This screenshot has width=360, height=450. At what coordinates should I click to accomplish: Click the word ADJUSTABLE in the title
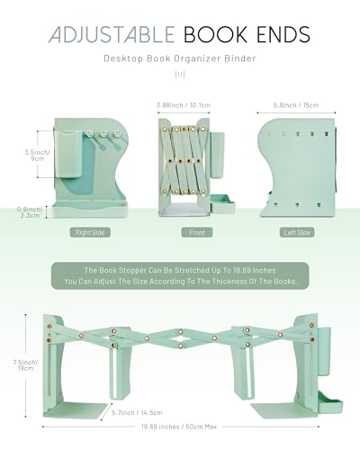pyautogui.click(x=112, y=34)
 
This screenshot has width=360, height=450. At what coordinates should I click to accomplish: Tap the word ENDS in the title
pyautogui.click(x=283, y=34)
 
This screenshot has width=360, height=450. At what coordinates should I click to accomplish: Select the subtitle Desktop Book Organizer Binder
pyautogui.click(x=180, y=58)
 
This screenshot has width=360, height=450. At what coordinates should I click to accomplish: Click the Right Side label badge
pyautogui.click(x=90, y=232)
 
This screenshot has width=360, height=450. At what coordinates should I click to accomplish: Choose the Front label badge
pyautogui.click(x=197, y=232)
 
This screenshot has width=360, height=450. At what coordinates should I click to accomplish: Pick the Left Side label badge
pyautogui.click(x=297, y=232)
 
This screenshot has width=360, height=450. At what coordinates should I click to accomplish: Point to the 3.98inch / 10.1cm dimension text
pyautogui.click(x=184, y=105)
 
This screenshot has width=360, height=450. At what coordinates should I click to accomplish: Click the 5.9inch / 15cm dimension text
pyautogui.click(x=296, y=105)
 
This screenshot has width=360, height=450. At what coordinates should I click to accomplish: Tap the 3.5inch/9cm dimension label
pyautogui.click(x=38, y=156)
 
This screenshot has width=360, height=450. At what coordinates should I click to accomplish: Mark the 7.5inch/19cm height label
pyautogui.click(x=25, y=365)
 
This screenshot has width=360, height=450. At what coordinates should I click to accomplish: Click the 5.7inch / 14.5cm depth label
pyautogui.click(x=137, y=412)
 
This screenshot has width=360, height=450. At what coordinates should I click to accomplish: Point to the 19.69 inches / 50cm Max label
pyautogui.click(x=179, y=427)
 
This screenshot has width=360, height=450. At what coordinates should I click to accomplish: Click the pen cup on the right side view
pyautogui.click(x=67, y=154)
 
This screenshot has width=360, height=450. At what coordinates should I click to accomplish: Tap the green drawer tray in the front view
pyautogui.click(x=223, y=203)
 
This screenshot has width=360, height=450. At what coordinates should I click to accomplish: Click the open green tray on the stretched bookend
pyautogui.click(x=330, y=402)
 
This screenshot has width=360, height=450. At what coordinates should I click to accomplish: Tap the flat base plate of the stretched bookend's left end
pyautogui.click(x=76, y=409)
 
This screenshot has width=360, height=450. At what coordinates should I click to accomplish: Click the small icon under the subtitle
pyautogui.click(x=180, y=75)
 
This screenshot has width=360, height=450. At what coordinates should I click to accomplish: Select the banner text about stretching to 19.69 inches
pyautogui.click(x=180, y=275)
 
